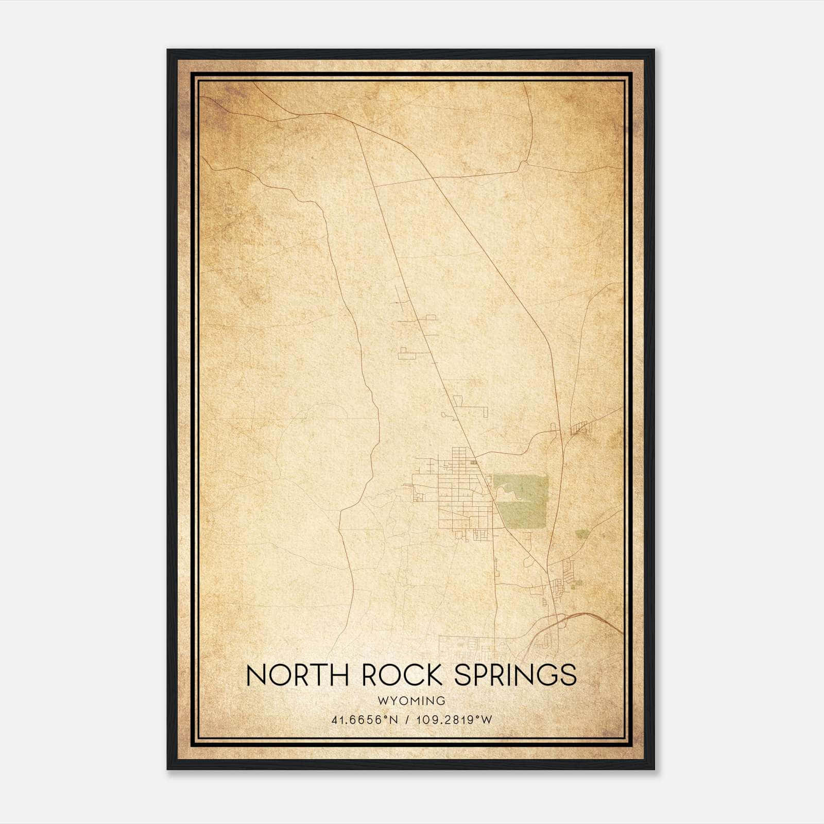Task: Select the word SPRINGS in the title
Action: coord(515,675)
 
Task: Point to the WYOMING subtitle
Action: coord(411,700)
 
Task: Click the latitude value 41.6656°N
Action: coord(365,719)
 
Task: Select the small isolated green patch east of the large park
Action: coord(582,534)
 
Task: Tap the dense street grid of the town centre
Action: coord(458,494)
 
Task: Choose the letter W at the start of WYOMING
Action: coord(382,700)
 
